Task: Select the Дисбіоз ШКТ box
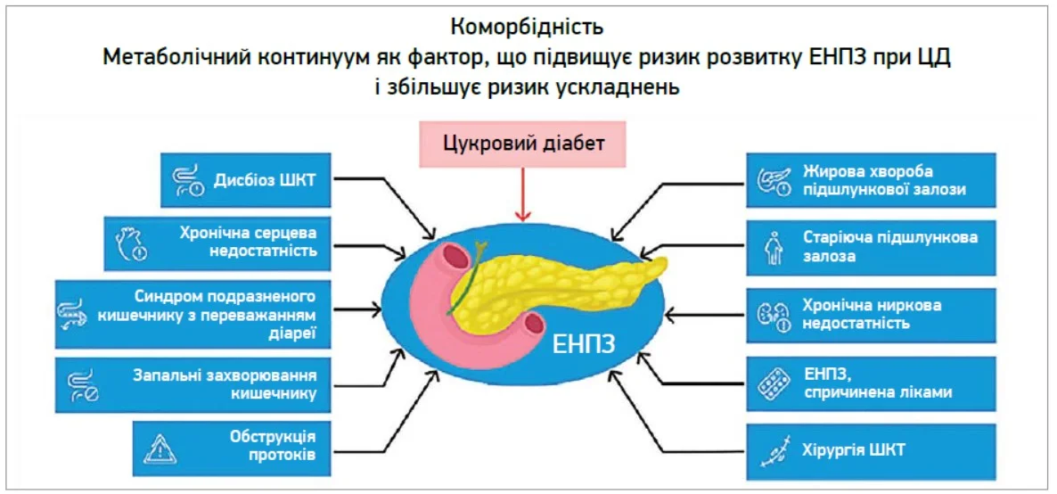(247, 179)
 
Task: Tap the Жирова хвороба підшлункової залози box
(871, 179)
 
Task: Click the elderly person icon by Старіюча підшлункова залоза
(774, 247)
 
